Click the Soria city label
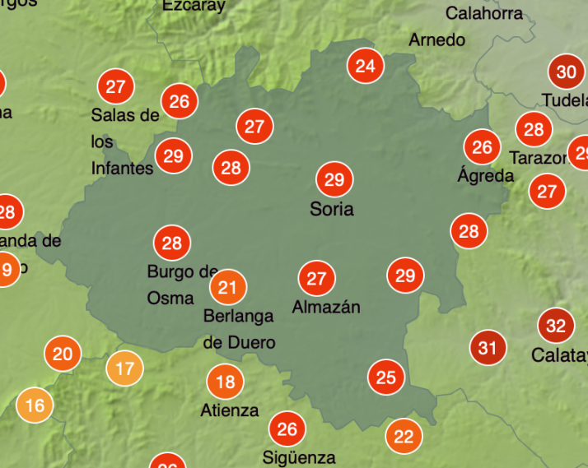point(332,209)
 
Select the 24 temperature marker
point(365,66)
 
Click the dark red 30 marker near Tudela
point(566,72)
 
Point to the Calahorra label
point(484,13)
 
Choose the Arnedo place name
point(436,39)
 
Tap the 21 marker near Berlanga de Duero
point(228,287)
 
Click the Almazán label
point(326,308)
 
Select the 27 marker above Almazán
point(316,279)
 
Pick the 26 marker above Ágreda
point(482,147)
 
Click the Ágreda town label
point(485,175)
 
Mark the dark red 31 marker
point(488,348)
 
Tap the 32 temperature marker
point(556,326)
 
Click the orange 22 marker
point(404,436)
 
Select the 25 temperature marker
point(385,378)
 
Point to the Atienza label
point(229,410)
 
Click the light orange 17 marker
point(124,368)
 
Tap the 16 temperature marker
point(35,405)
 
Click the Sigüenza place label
point(299,457)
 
